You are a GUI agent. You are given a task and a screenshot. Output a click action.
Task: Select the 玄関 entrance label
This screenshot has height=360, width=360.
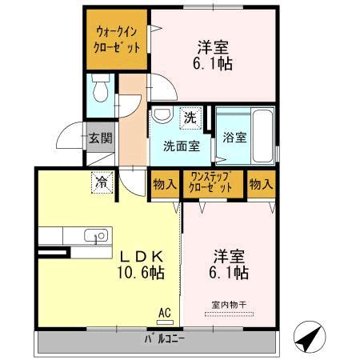[x=100, y=138]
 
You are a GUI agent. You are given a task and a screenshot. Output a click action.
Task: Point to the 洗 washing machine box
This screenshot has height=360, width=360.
[x=190, y=118]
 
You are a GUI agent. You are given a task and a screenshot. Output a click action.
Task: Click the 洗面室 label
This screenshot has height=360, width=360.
[x=180, y=146]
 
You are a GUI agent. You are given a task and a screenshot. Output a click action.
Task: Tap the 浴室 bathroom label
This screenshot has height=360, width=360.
[x=234, y=137]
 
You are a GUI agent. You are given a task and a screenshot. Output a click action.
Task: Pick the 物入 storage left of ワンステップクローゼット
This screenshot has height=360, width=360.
[x=164, y=185]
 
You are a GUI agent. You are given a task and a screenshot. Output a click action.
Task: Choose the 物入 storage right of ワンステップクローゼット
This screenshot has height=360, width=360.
[x=261, y=185]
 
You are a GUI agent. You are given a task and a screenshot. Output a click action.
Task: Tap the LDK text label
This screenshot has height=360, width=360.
[x=142, y=257]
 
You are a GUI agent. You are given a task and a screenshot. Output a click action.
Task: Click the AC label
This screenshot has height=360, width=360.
[x=165, y=312]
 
